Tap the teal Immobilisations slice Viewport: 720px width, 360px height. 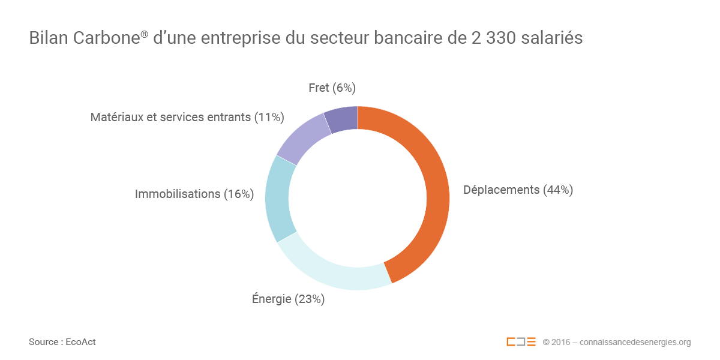pos(277,198)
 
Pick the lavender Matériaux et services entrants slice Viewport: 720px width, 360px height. pos(303,137)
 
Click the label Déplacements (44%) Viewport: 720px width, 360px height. pos(518,190)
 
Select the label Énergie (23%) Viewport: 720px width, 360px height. pos(288,299)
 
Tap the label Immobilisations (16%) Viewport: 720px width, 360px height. pos(194,194)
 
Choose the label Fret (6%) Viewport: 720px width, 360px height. pos(332,88)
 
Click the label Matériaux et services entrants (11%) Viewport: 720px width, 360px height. pos(187,118)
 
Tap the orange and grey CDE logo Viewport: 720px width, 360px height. pos(521,342)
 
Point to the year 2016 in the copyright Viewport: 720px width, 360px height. pos(562,342)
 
